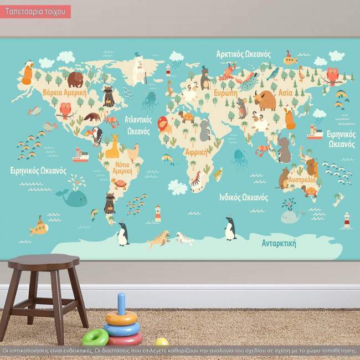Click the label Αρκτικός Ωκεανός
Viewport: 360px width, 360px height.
tap(243, 54)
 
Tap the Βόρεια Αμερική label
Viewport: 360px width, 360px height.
tap(64, 93)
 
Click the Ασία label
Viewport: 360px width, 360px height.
tap(285, 92)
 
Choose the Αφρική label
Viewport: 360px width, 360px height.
tap(196, 151)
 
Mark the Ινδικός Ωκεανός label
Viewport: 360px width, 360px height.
tap(244, 197)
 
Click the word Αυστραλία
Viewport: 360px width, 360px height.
tap(302, 179)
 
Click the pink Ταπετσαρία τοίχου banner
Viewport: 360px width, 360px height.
tap(35, 11)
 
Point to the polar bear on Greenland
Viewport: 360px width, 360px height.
tap(139, 66)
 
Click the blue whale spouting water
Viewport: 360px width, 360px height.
tap(74, 196)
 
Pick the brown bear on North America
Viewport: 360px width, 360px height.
tap(75, 80)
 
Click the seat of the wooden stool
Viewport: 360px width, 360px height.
tap(52, 261)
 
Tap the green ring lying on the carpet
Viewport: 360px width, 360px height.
tap(95, 336)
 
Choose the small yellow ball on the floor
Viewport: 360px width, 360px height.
tap(161, 342)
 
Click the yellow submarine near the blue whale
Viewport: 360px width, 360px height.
tap(40, 226)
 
